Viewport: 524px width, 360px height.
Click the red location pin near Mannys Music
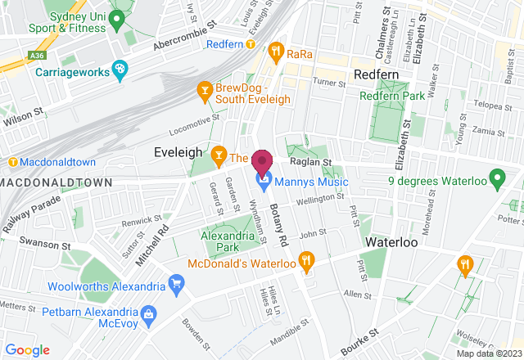pyautogui.click(x=262, y=160)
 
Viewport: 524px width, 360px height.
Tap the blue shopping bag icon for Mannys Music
pyautogui.click(x=264, y=178)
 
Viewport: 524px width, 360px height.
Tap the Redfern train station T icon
pyautogui.click(x=251, y=43)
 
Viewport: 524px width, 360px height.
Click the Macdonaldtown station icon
pyautogui.click(x=12, y=162)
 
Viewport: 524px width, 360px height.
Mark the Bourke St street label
pyautogui.click(x=361, y=342)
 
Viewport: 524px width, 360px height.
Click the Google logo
pyautogui.click(x=27, y=349)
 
